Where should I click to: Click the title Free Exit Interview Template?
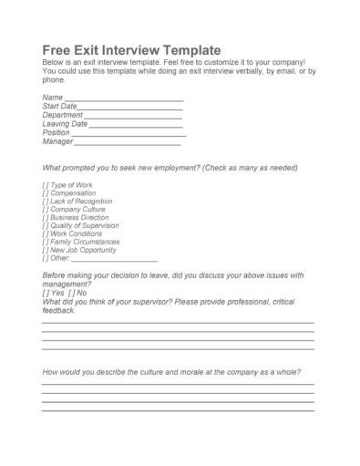pos(131,48)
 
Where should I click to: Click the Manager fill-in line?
pos(128,144)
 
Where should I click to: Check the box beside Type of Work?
pos(46,185)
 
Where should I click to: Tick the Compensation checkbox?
pos(46,193)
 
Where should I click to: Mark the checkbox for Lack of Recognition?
pos(46,202)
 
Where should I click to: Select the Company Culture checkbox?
pos(46,210)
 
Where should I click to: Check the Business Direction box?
pos(46,218)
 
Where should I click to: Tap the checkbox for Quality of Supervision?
pos(46,226)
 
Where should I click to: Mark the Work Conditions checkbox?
pos(46,234)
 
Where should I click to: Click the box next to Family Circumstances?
pos(46,243)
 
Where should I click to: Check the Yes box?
pos(46,293)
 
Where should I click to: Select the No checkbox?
pos(71,293)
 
